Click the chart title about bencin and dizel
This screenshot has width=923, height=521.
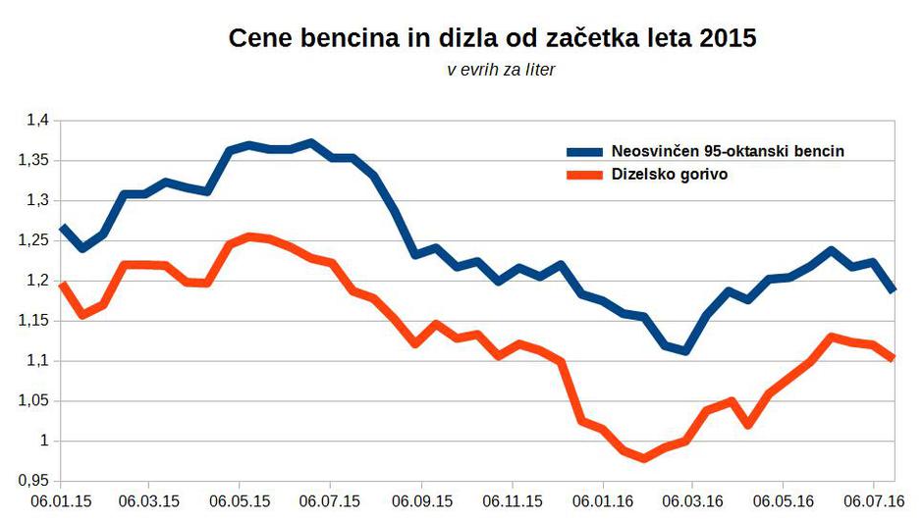tap(492, 40)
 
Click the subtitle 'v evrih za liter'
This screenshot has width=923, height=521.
tap(501, 70)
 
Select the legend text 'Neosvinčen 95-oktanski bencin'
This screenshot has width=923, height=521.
tap(728, 151)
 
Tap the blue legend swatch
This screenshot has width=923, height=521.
tap(586, 152)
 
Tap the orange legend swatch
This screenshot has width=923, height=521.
tap(586, 176)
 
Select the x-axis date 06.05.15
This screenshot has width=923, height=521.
tap(241, 500)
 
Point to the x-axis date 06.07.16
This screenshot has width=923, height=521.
tap(873, 500)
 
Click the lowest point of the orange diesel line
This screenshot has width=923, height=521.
tap(644, 458)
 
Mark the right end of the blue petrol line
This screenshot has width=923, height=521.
tap(893, 290)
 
